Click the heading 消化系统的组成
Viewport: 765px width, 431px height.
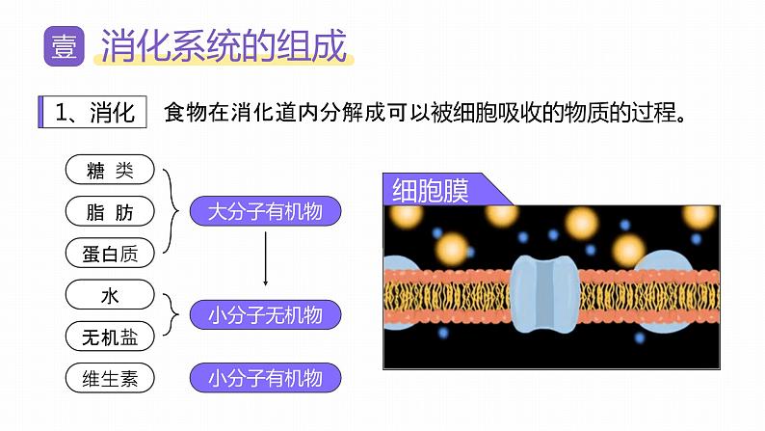pos(224,47)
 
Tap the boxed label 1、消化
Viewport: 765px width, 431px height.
pos(93,112)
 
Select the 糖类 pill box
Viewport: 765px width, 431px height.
pos(109,171)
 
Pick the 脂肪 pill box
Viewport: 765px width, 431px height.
pos(109,211)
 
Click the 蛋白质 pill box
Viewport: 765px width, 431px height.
pos(109,253)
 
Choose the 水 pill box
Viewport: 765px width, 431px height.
pos(109,293)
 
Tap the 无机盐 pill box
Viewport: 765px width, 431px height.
pos(109,336)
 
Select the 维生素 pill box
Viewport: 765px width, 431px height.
pos(109,378)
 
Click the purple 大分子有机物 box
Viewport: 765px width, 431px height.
pos(265,211)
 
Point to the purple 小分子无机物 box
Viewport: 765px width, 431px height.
pos(265,314)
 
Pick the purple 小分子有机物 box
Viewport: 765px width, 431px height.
pos(265,378)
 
